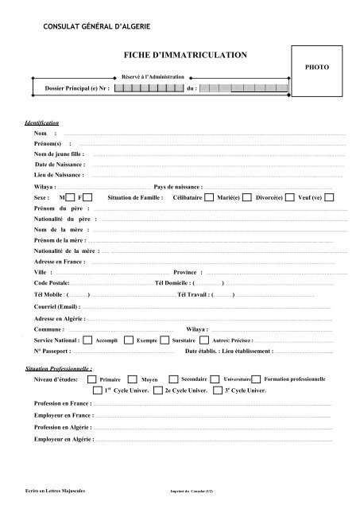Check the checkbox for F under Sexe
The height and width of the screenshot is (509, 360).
(x=87, y=196)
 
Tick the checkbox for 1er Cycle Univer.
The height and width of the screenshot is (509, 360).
(x=97, y=391)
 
